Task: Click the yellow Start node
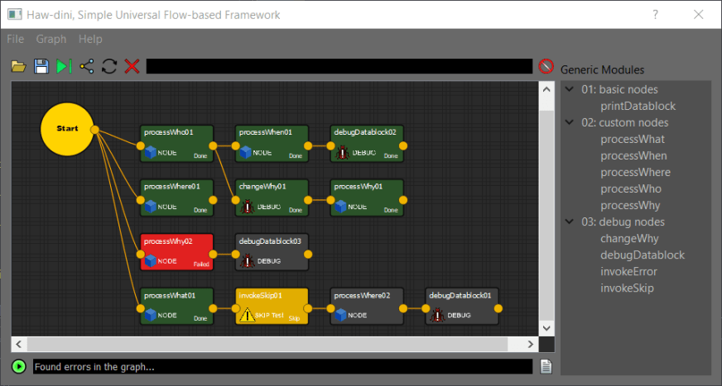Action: [x=67, y=129]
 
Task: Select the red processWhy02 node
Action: [x=177, y=251]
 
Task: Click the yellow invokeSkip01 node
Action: [x=272, y=306]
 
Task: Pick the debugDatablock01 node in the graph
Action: [x=462, y=306]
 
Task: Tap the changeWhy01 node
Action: [x=272, y=198]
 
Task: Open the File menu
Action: [x=16, y=39]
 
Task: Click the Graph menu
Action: [x=51, y=39]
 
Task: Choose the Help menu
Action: [x=90, y=39]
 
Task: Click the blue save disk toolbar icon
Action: [x=41, y=66]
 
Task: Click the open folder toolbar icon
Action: [x=19, y=66]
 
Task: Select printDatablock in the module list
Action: [x=638, y=106]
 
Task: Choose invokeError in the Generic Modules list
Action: [x=628, y=271]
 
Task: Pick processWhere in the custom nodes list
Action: [x=635, y=172]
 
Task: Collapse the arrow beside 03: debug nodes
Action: [x=570, y=222]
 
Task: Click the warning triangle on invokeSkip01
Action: [x=246, y=314]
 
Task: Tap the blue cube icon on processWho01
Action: [x=151, y=152]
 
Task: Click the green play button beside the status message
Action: [x=19, y=366]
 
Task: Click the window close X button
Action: [x=698, y=15]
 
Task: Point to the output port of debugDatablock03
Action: [x=309, y=252]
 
